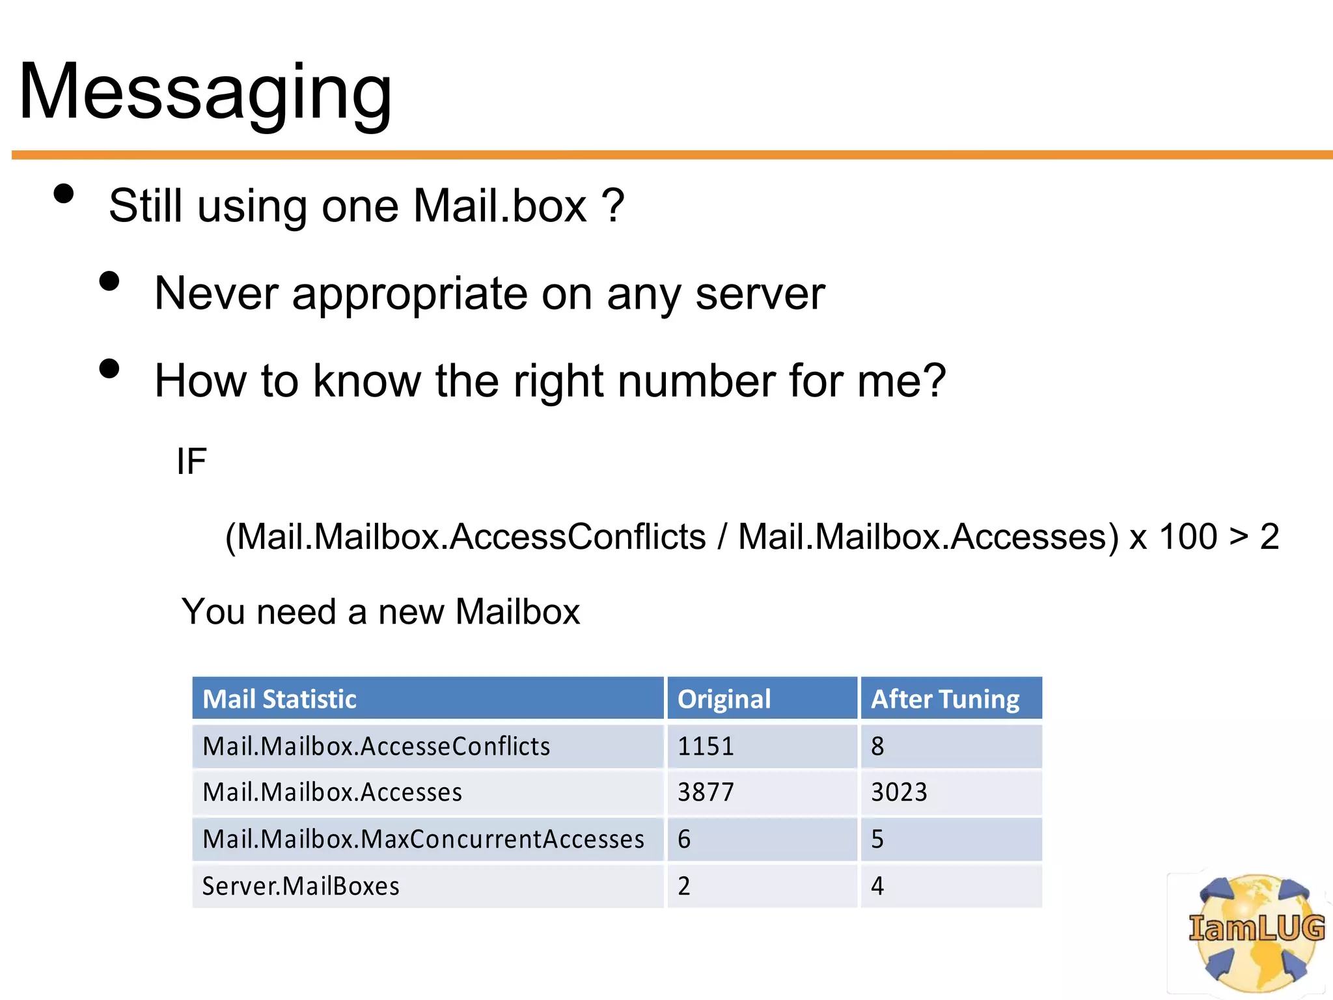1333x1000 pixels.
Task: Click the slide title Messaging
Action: pyautogui.click(x=205, y=92)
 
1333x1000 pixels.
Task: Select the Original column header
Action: pyautogui.click(x=724, y=699)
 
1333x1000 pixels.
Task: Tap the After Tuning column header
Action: pyautogui.click(x=945, y=699)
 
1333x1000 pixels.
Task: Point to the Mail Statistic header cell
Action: pyautogui.click(x=279, y=699)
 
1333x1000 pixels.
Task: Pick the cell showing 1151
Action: pyautogui.click(x=706, y=746)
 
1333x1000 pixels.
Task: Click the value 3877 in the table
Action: pyautogui.click(x=706, y=792)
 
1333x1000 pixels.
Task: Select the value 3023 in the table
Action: pyautogui.click(x=899, y=792)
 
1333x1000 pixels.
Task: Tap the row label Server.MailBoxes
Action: pyautogui.click(x=301, y=886)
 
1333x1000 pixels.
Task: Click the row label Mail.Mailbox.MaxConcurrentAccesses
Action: pyautogui.click(x=423, y=839)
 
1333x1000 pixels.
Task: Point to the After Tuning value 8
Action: pyautogui.click(x=877, y=746)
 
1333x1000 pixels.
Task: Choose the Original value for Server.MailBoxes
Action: pyautogui.click(x=684, y=886)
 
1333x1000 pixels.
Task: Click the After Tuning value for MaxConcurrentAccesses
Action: pyautogui.click(x=877, y=839)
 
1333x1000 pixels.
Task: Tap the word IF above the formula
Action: pyautogui.click(x=191, y=462)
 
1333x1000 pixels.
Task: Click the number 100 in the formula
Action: pyautogui.click(x=1188, y=537)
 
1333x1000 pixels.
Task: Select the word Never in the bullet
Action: pyautogui.click(x=216, y=294)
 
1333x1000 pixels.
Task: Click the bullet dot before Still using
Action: pyautogui.click(x=64, y=194)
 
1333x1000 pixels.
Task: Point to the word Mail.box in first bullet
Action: pyautogui.click(x=500, y=206)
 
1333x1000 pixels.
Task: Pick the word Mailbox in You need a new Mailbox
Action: pyautogui.click(x=517, y=612)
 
